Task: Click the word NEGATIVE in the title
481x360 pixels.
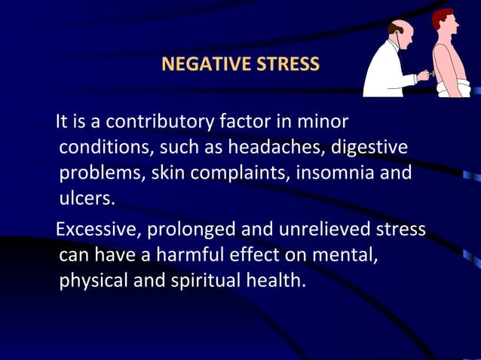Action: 198,64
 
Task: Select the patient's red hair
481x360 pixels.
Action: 443,17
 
